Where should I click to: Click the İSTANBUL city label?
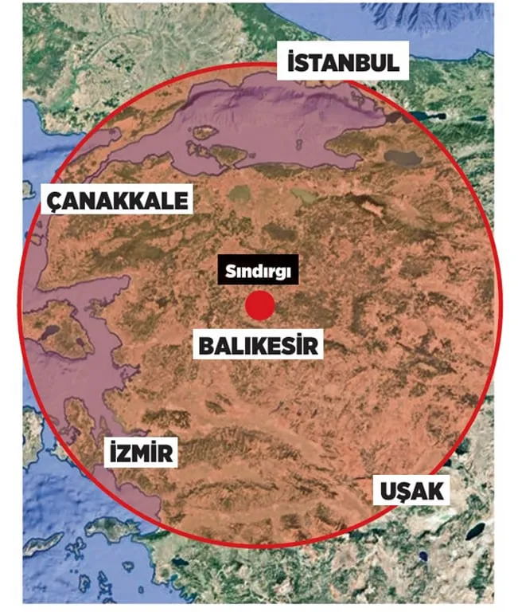[x=343, y=61]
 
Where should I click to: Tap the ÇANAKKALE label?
[x=118, y=199]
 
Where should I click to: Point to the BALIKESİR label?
[x=259, y=346]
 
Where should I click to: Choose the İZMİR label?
[x=139, y=454]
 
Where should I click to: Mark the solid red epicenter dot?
[x=259, y=306]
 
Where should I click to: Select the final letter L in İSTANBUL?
[x=392, y=62]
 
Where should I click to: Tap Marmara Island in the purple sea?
[x=204, y=132]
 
